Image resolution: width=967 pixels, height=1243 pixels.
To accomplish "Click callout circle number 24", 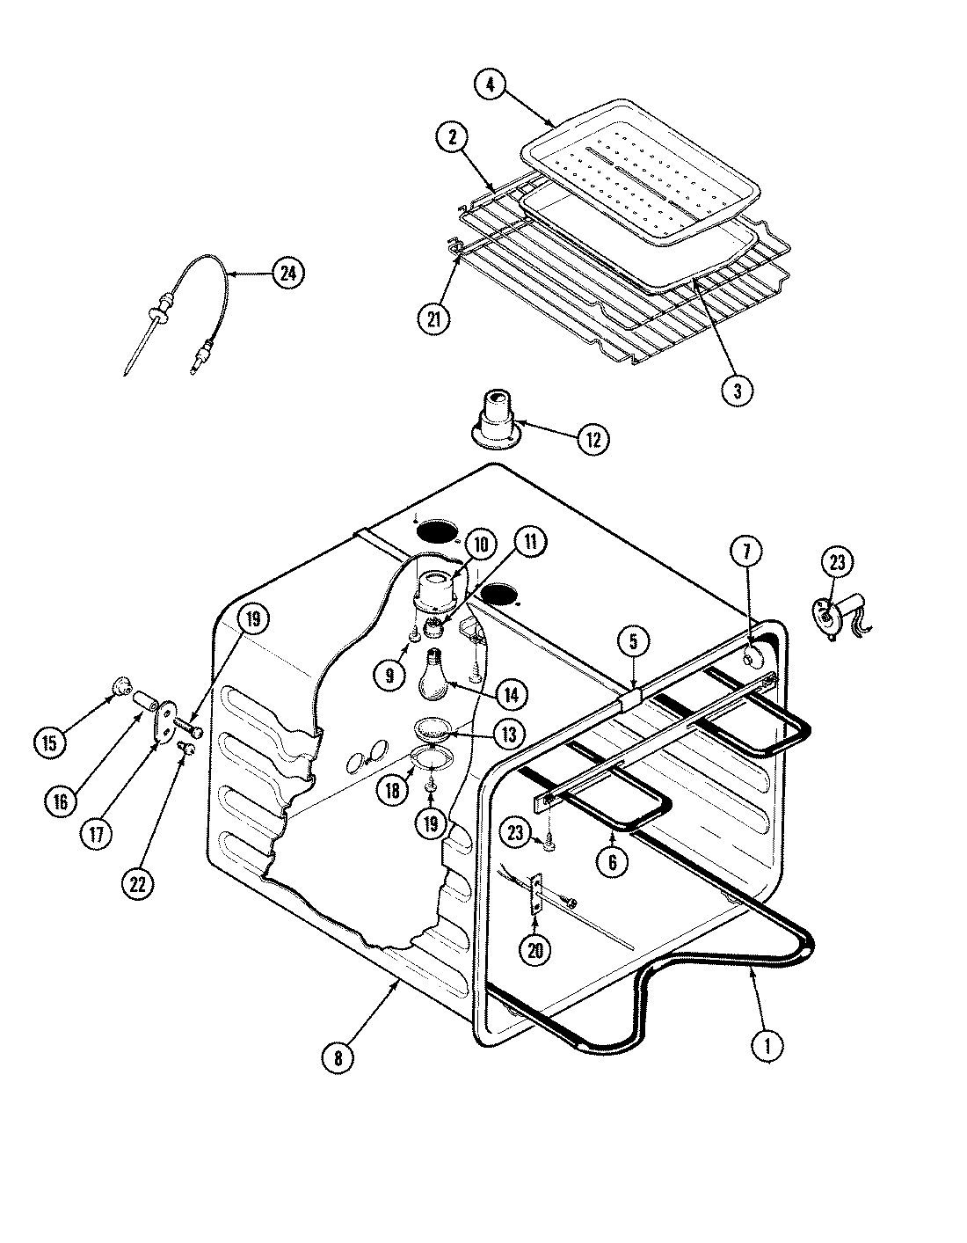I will coord(285,274).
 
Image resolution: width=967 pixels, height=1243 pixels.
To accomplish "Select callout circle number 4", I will coord(491,85).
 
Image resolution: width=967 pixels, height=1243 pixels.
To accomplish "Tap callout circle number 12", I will coord(593,439).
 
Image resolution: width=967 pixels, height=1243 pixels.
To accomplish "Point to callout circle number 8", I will coord(338,1057).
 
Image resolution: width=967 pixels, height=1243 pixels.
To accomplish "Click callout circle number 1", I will coord(767,1045).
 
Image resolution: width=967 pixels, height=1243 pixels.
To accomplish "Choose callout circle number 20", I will coord(535,948).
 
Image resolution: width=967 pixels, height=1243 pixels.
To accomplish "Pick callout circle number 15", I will coord(51,742).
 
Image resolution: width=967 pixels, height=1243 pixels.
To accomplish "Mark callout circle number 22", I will coord(136,883).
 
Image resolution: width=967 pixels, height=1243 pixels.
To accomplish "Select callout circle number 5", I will coord(633,643).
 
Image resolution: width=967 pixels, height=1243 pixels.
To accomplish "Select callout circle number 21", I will coord(434,318).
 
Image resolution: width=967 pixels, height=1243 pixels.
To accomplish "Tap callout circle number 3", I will coord(738,391).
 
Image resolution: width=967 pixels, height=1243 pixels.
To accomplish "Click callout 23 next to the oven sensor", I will coord(837,561).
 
